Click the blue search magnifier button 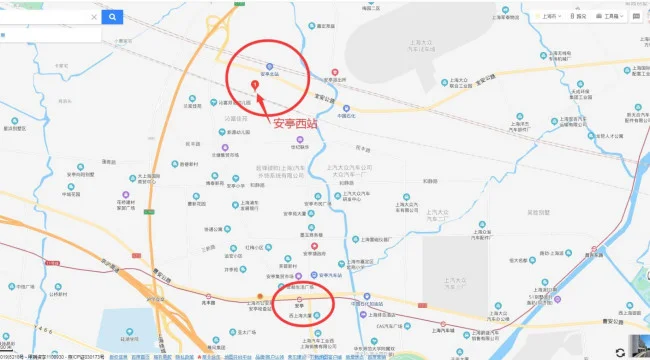coord(114,16)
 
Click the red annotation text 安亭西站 coord(297,124)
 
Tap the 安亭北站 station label coord(270,72)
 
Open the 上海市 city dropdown coord(548,16)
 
